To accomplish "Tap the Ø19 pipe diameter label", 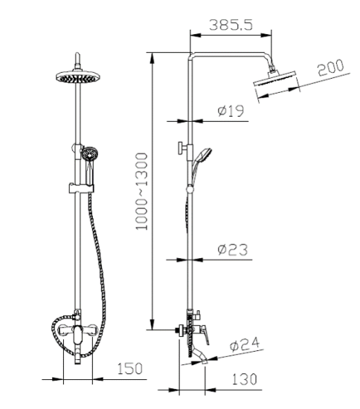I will tap(231, 112).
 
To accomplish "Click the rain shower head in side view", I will tap(275, 82).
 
